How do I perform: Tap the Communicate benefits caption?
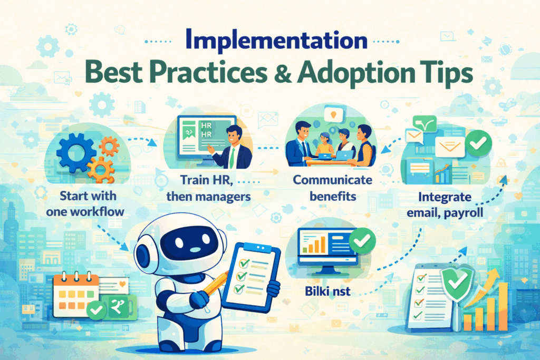pos(333,187)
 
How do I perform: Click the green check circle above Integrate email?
pos(479,141)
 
